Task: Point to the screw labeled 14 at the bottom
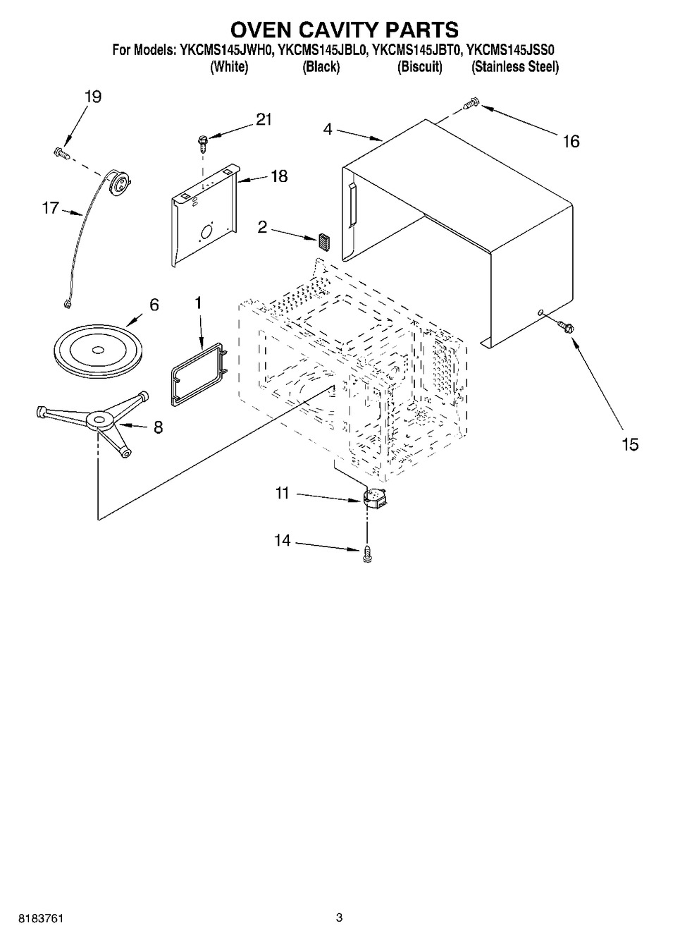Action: click(368, 554)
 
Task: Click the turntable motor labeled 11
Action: click(374, 499)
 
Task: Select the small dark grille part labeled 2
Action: click(324, 242)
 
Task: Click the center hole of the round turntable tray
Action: click(98, 349)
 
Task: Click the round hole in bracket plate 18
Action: click(207, 231)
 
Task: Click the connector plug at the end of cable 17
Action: click(66, 304)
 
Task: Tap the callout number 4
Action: click(328, 130)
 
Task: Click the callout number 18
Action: click(279, 176)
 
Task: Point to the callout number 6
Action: click(154, 305)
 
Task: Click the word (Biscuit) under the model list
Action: click(420, 67)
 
